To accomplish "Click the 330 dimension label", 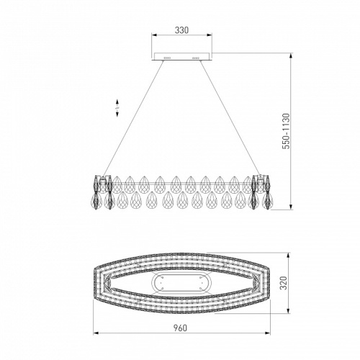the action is tap(181, 30).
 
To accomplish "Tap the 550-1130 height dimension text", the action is tap(286, 131).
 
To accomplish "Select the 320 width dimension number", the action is tap(284, 283).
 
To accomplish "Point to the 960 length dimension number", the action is tap(180, 328).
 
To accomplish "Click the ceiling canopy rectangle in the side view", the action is tap(181, 56).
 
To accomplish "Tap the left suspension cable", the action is tap(133, 118).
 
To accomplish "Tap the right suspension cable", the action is tap(230, 117).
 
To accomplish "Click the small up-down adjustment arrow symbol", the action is tap(117, 108).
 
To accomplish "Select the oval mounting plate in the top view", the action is tap(181, 283).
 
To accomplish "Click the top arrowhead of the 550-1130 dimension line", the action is tap(291, 55).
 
